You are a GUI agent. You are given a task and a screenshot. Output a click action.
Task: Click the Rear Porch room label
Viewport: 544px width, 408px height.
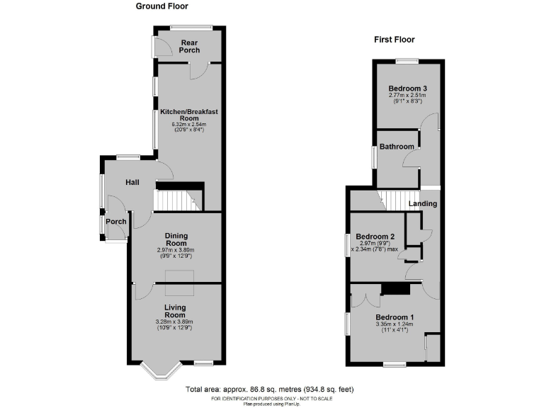(x=189, y=46)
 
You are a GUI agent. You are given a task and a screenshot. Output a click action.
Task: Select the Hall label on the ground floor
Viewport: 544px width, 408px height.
(x=132, y=183)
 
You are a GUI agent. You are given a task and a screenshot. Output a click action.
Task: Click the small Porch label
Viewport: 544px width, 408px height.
(x=115, y=222)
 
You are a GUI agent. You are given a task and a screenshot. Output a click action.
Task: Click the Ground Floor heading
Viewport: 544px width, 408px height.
(x=162, y=6)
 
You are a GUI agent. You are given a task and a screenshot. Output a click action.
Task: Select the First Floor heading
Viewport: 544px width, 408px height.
(x=395, y=40)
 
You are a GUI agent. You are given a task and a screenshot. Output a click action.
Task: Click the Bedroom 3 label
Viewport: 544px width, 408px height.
(x=407, y=88)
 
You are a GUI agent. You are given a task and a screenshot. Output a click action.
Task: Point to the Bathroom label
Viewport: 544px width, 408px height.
(x=396, y=147)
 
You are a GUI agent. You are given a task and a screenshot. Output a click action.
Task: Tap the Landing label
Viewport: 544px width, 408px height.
(x=424, y=204)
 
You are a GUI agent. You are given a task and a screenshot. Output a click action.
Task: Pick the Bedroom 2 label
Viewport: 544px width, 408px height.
(x=375, y=237)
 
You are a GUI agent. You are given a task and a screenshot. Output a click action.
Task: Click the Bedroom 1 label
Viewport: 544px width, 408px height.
(x=395, y=317)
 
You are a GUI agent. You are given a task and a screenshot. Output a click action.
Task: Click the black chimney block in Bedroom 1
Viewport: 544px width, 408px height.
(x=395, y=288)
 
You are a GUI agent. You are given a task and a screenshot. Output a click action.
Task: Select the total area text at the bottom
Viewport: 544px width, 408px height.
(x=270, y=390)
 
